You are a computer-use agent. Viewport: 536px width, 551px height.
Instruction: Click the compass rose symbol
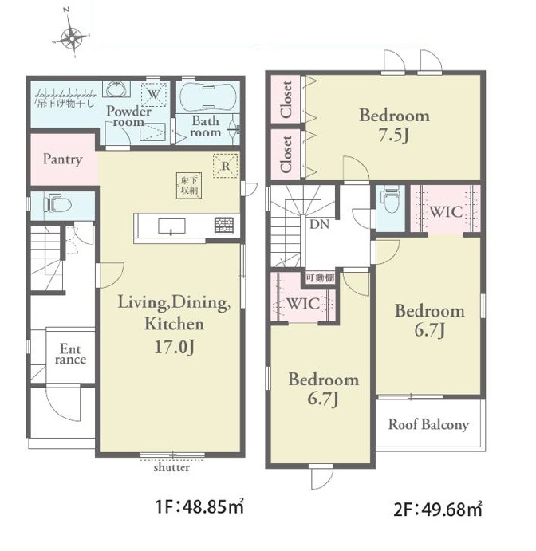click(72, 37)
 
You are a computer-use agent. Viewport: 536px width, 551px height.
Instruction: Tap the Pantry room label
click(63, 159)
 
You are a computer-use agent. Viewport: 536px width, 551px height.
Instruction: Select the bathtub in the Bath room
click(207, 96)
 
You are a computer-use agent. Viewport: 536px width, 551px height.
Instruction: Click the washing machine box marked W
click(153, 95)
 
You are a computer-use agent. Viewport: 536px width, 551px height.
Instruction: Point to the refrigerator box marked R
click(226, 166)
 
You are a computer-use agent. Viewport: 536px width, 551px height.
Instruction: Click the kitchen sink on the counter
click(171, 226)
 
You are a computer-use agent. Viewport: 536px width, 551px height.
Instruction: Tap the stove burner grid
click(224, 226)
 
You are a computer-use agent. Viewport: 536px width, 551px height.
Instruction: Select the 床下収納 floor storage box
click(189, 186)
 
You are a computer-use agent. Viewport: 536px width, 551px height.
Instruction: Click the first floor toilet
click(57, 204)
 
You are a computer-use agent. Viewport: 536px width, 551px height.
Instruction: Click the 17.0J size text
click(175, 347)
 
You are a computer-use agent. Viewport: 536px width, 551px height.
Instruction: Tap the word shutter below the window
click(171, 468)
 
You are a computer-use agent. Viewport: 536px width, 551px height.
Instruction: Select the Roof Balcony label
click(428, 424)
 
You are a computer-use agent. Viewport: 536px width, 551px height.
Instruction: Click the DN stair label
click(320, 224)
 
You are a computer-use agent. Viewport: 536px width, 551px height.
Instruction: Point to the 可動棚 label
click(320, 278)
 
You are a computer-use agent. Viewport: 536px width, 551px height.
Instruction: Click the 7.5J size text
click(394, 136)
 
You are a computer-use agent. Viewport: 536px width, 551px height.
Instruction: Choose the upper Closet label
click(286, 100)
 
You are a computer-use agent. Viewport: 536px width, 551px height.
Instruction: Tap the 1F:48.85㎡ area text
click(199, 507)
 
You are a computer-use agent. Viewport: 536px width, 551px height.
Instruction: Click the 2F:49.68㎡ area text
click(438, 509)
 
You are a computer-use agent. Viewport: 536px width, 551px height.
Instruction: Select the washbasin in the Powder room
click(116, 89)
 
